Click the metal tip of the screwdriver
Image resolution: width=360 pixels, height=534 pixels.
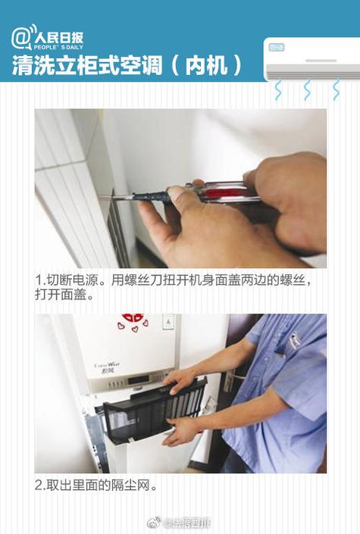[x=114, y=198]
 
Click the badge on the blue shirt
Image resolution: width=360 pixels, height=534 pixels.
[x=294, y=341]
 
